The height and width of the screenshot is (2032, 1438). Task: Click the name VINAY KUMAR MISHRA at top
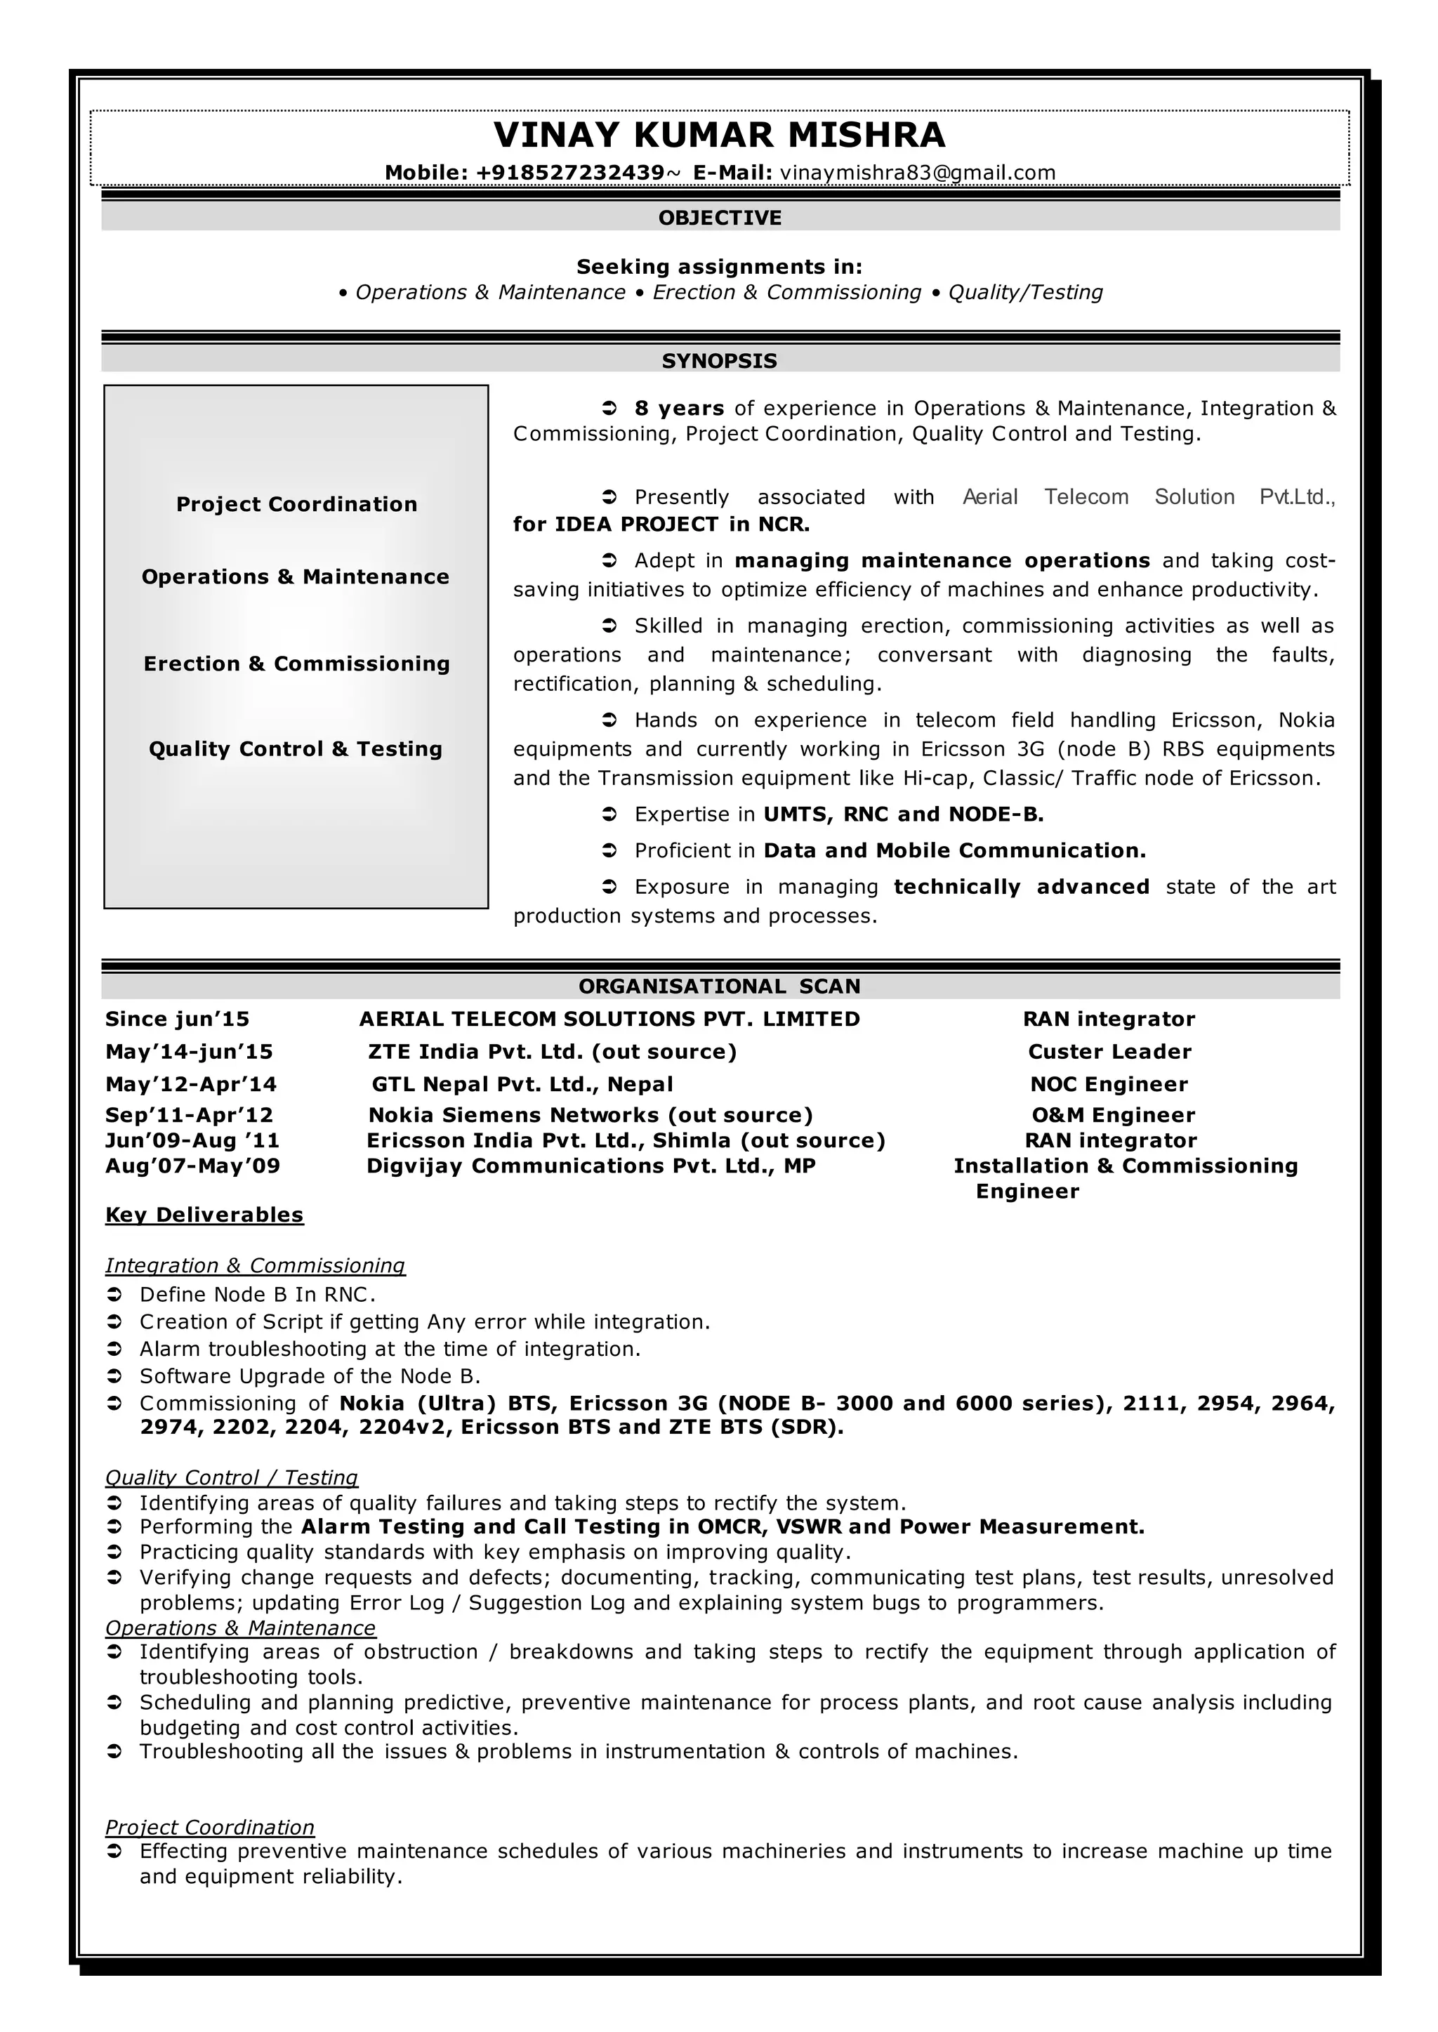point(719,136)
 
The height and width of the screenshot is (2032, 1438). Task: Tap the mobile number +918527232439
point(569,173)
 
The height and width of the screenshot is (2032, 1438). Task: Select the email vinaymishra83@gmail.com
point(917,173)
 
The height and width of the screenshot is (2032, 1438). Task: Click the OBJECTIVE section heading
point(719,218)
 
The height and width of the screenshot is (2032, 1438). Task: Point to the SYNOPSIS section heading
point(719,361)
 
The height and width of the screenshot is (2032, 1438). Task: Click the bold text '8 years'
point(679,408)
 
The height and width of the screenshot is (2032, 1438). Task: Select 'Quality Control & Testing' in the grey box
point(296,749)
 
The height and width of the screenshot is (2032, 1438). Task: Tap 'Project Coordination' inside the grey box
point(296,505)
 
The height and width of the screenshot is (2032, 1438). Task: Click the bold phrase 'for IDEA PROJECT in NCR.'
point(661,525)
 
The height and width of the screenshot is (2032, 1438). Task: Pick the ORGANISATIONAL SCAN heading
point(719,987)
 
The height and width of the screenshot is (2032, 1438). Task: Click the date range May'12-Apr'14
point(191,1085)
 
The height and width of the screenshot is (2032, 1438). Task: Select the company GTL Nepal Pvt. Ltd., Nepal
point(522,1085)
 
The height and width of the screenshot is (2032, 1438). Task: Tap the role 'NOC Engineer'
point(1109,1085)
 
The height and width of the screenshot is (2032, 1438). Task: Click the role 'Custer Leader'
point(1109,1052)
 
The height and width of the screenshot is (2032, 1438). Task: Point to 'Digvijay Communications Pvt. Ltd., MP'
point(591,1166)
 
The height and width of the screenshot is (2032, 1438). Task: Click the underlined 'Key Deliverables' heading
point(204,1215)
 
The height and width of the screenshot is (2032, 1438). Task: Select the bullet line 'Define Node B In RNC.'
point(257,1295)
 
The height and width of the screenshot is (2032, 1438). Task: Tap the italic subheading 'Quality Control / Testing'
point(231,1478)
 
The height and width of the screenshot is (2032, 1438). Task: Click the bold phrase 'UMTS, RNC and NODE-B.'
point(903,814)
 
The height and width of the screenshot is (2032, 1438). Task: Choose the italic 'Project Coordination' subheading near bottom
point(210,1828)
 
